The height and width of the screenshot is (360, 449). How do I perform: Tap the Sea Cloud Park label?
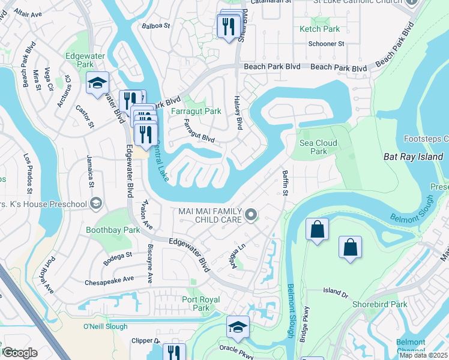(x=318, y=147)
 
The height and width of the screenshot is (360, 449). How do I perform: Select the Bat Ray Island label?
(x=413, y=157)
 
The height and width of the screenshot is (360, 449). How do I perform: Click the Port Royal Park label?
(x=200, y=304)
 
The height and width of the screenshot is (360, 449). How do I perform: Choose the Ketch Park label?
(x=319, y=29)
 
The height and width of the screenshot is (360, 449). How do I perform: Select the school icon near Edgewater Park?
(x=97, y=84)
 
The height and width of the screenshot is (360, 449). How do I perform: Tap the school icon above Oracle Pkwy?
(x=238, y=327)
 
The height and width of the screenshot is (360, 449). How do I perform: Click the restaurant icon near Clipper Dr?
(x=174, y=352)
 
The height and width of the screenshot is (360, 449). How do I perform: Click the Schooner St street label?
(x=325, y=44)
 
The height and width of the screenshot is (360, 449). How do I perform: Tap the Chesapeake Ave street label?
(x=109, y=280)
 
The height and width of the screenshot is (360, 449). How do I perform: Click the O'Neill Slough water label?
(x=105, y=326)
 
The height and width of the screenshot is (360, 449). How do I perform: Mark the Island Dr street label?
(x=336, y=293)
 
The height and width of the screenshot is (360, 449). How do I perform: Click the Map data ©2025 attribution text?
(x=424, y=355)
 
